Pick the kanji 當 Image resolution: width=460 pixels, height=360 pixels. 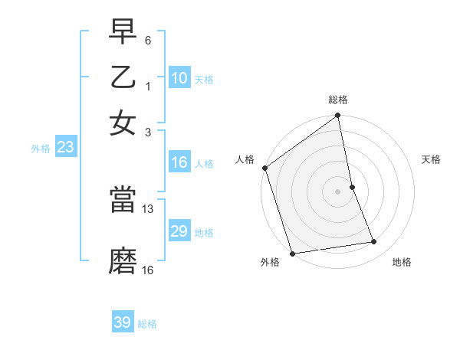coord(123,200)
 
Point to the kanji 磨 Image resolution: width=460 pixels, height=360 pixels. coord(123,261)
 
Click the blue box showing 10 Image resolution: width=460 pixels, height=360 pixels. coord(179,78)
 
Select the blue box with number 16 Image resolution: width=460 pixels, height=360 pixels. coord(179,162)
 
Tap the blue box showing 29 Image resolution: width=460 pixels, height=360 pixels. coord(179,231)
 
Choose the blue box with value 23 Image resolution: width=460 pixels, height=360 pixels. coord(64,147)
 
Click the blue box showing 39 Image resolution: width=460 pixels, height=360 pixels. coord(123,322)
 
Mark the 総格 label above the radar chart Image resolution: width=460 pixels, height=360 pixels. coord(338,100)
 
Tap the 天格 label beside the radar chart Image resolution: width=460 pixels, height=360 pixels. coord(432,159)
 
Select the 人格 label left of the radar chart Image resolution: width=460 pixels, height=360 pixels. coord(245,159)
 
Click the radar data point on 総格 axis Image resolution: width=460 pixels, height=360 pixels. coord(338,116)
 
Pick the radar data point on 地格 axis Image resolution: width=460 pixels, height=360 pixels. coord(374,242)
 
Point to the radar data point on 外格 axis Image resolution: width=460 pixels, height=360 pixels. coord(292,254)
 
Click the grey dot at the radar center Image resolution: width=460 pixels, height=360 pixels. coord(338,191)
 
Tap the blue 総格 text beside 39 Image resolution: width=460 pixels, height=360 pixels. coord(147,324)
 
